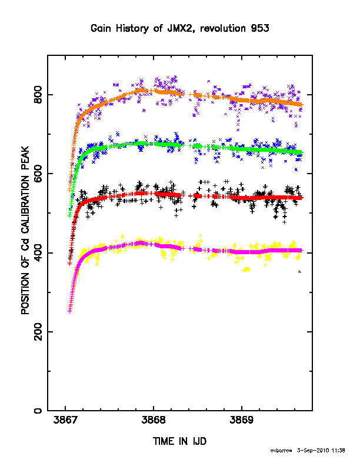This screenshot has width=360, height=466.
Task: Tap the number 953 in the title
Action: click(x=260, y=28)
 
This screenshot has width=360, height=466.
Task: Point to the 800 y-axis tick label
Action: click(x=38, y=95)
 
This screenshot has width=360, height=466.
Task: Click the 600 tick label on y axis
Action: click(x=38, y=174)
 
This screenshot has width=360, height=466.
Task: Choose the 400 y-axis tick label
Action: click(x=38, y=253)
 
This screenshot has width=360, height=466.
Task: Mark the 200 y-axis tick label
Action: click(x=38, y=332)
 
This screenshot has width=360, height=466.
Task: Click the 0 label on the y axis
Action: click(x=38, y=411)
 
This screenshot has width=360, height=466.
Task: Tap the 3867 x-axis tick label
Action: click(x=65, y=420)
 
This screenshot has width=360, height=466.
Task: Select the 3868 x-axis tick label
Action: click(x=154, y=420)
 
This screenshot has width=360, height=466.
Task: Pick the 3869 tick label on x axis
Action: click(x=242, y=420)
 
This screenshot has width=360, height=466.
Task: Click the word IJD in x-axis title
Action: click(x=199, y=441)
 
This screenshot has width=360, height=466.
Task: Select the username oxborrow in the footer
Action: click(x=281, y=451)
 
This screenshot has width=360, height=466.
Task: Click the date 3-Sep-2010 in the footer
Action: click(x=313, y=451)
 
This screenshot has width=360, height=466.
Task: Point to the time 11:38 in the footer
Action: click(x=338, y=451)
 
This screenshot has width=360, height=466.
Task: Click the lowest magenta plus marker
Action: click(x=70, y=311)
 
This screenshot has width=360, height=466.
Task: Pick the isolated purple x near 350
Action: click(x=299, y=272)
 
